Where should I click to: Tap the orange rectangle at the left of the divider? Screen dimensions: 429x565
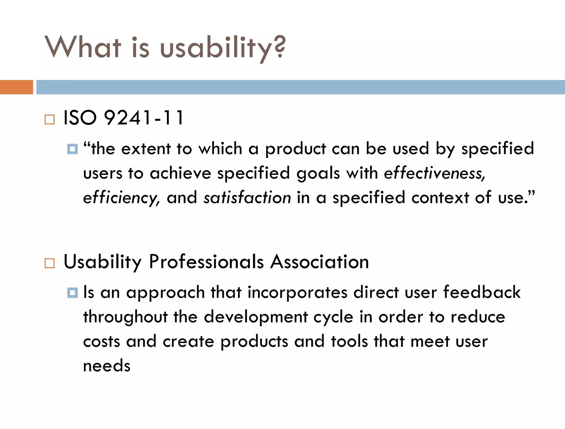click(16, 87)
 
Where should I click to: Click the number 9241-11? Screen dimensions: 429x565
click(143, 118)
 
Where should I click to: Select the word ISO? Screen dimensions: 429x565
click(80, 118)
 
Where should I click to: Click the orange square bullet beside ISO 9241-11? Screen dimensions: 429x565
click(50, 119)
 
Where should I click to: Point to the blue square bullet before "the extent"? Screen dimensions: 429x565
click(72, 149)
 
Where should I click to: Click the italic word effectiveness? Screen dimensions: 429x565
click(434, 174)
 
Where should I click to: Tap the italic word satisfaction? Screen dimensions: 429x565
click(247, 198)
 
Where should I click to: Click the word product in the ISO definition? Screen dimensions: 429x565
click(295, 149)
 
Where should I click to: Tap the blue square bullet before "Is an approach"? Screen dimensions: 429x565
click(72, 293)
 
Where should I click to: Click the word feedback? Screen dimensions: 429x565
click(482, 292)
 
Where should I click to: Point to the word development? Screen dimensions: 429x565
click(255, 317)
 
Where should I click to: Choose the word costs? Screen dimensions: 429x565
click(102, 342)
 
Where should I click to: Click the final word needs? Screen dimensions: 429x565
click(107, 366)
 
